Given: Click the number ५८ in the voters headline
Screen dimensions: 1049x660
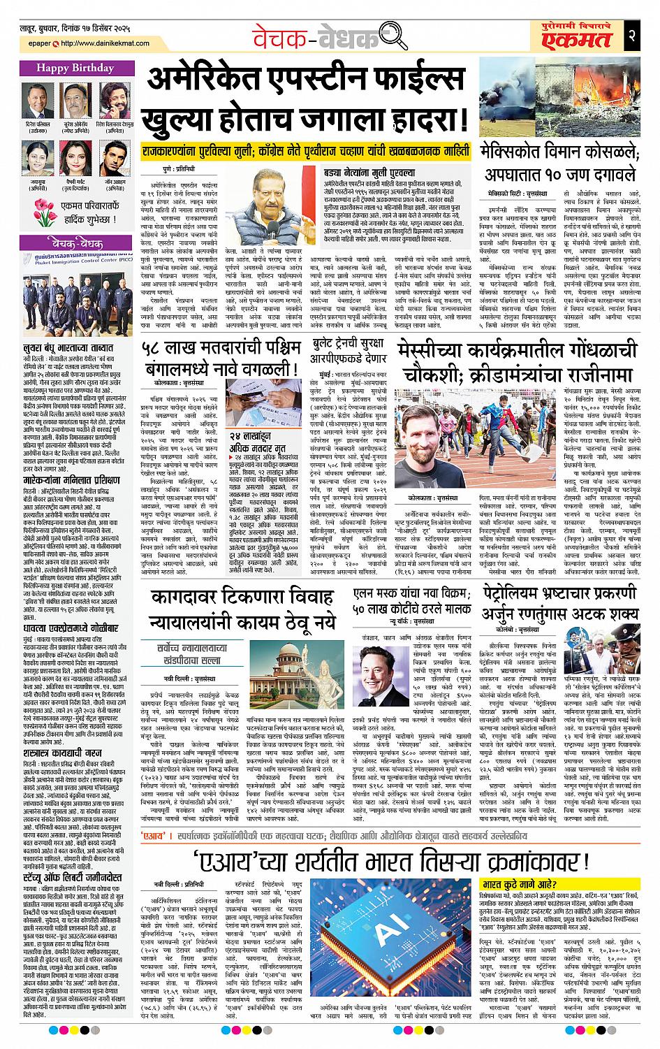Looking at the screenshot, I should click(x=154, y=346).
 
